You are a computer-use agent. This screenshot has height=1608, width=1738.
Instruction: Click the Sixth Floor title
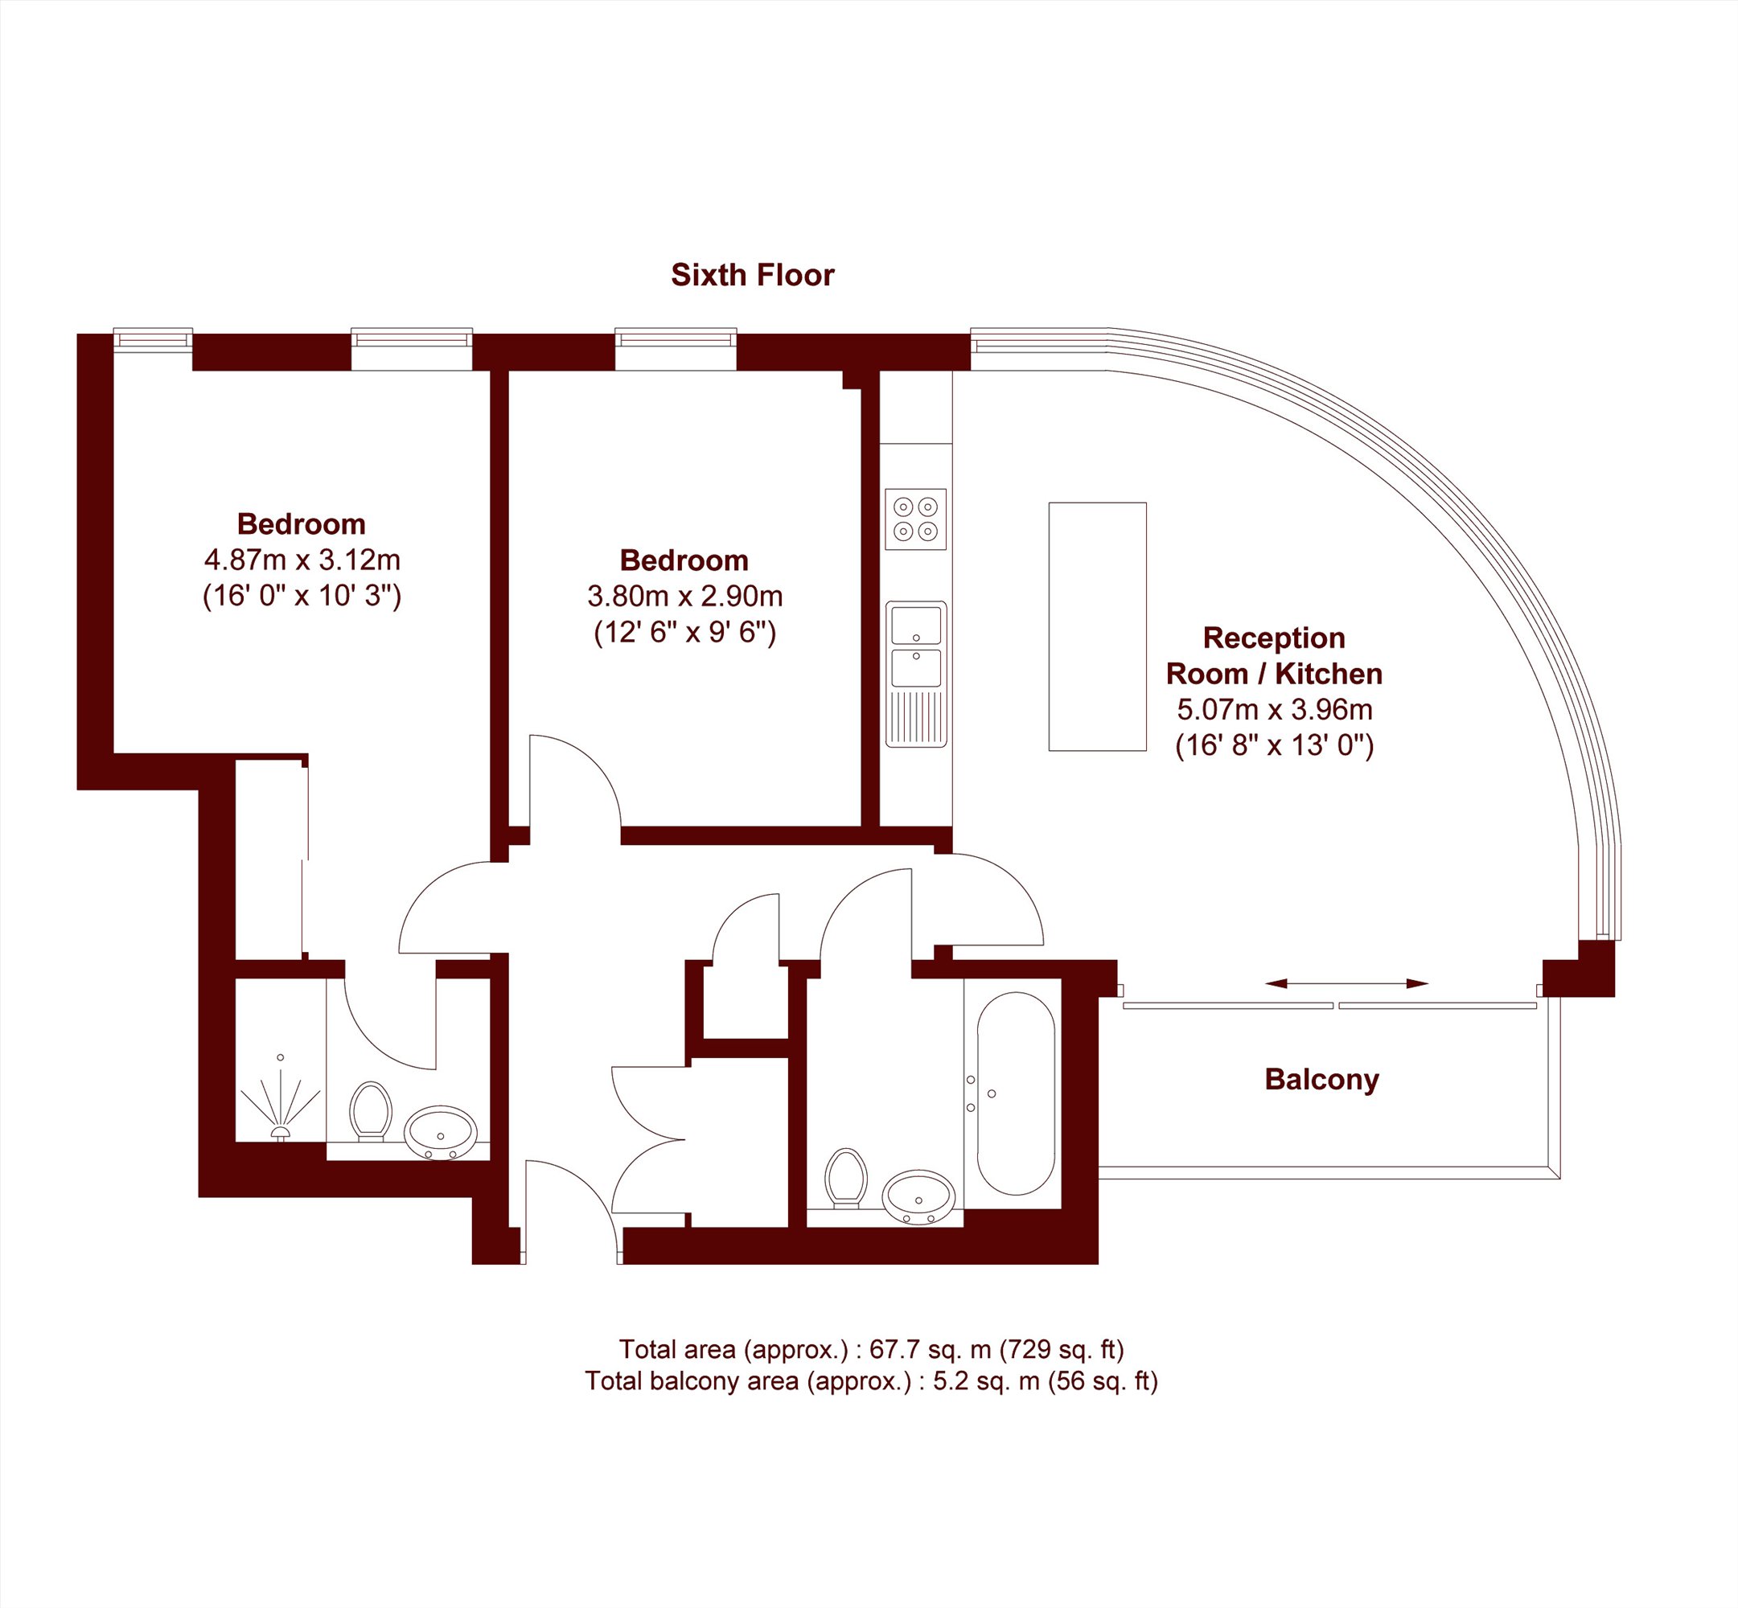[752, 275]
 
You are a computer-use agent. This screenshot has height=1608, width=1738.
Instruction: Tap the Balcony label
[1321, 1080]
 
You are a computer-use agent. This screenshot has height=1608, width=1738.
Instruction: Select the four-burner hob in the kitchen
[915, 519]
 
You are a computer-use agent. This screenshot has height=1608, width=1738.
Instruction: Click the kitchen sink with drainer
[915, 674]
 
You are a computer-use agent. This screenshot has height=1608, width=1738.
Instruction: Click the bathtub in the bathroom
[1016, 1093]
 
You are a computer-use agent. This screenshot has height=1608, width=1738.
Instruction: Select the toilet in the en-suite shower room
[371, 1111]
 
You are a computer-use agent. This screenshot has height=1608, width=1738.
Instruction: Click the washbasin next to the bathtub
[918, 1197]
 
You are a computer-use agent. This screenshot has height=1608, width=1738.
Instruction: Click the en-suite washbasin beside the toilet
[441, 1133]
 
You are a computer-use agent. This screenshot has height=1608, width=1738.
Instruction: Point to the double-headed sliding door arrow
[1346, 983]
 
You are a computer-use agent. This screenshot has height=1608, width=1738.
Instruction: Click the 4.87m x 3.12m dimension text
[302, 560]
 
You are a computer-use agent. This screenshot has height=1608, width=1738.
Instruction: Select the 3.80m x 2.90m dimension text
[685, 596]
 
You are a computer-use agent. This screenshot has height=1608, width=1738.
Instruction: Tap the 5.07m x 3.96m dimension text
[1274, 710]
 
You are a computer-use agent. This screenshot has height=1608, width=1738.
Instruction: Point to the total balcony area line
[871, 1381]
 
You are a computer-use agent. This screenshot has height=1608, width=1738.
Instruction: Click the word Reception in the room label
[1274, 638]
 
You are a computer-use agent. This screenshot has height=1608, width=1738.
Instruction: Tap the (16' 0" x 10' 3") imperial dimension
[302, 595]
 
